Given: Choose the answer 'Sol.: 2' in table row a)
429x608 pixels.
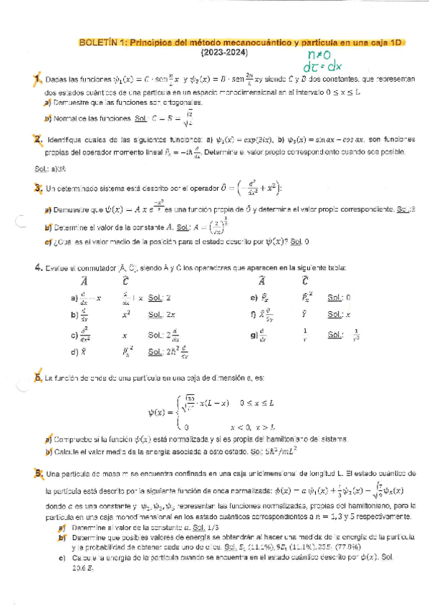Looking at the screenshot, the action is point(159,297).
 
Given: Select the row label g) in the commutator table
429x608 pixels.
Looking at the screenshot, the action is point(254,334).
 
